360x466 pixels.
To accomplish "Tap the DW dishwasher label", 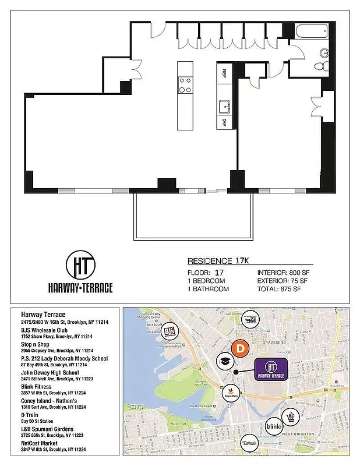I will (224, 123).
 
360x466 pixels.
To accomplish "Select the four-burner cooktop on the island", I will (186, 85).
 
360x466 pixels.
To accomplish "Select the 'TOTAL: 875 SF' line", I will (280, 289).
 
